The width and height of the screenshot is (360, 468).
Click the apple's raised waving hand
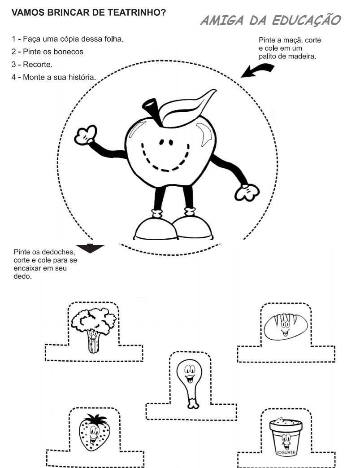pos(85,135)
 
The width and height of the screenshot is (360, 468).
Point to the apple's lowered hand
pos(246,192)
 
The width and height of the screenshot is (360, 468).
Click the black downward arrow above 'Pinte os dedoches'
pos(90,248)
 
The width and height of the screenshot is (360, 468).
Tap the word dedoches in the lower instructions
pos(54,252)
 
